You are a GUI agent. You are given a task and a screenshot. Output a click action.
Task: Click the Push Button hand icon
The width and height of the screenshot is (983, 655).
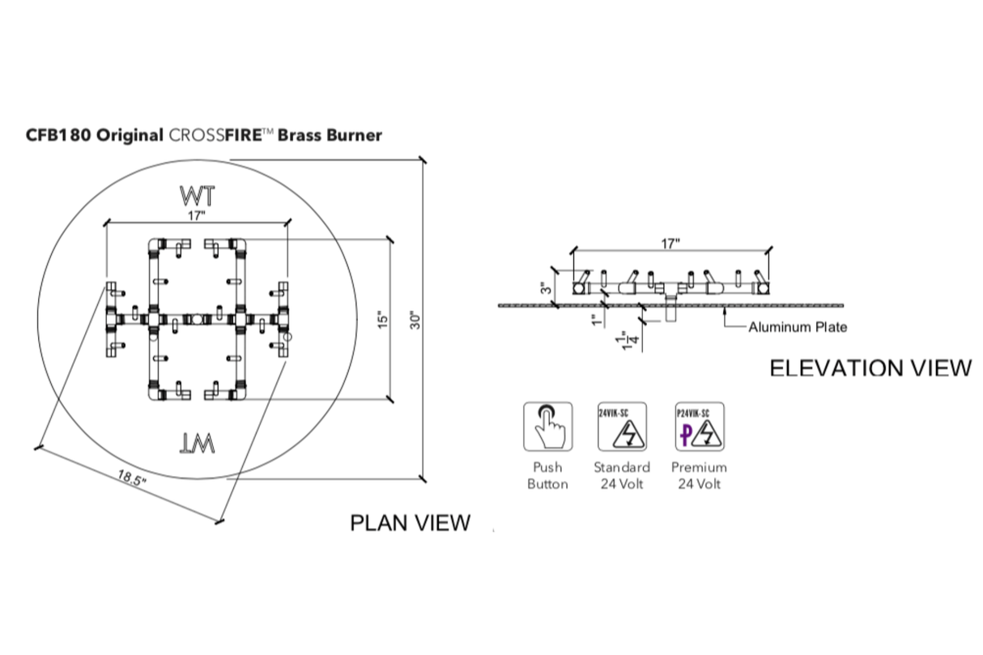pyautogui.click(x=547, y=426)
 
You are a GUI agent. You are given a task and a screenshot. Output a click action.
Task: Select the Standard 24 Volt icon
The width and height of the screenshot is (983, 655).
pyautogui.click(x=622, y=426)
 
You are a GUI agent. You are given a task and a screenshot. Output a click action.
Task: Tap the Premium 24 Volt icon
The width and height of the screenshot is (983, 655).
pyautogui.click(x=699, y=426)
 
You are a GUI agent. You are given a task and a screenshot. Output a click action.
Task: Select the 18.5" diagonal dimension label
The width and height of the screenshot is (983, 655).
pyautogui.click(x=131, y=478)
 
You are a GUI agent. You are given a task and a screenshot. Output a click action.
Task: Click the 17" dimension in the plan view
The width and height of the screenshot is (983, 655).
pyautogui.click(x=197, y=215)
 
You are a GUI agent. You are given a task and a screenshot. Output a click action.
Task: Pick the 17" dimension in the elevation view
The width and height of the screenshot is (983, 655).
pyautogui.click(x=670, y=243)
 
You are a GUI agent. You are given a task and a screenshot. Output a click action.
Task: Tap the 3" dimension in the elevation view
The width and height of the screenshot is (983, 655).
pyautogui.click(x=547, y=287)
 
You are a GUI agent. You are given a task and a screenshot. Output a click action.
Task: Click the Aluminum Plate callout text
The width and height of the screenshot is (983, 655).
pyautogui.click(x=798, y=327)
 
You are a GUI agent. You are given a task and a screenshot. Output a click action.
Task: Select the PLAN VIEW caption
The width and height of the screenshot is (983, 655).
pyautogui.click(x=410, y=523)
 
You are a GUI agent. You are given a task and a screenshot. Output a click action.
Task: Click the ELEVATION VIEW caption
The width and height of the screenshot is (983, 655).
pyautogui.click(x=870, y=368)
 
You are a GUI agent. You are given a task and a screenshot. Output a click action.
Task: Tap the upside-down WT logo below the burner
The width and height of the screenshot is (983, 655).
pyautogui.click(x=198, y=443)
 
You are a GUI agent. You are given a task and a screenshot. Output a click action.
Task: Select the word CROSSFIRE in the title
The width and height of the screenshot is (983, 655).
pyautogui.click(x=217, y=135)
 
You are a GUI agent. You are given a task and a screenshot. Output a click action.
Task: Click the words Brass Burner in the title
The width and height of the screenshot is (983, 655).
pyautogui.click(x=330, y=135)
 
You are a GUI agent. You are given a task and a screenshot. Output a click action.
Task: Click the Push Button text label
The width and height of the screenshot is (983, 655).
pyautogui.click(x=547, y=476)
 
